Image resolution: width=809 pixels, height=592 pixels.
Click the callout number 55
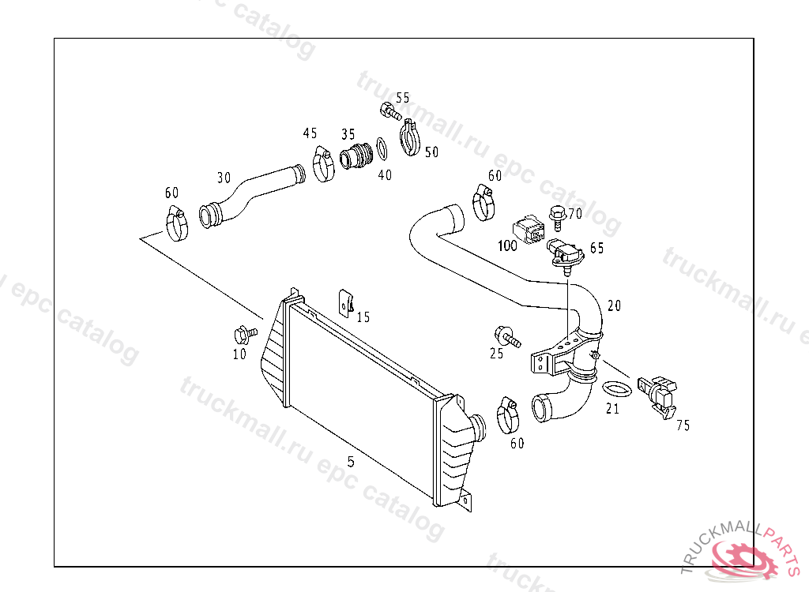[403, 98]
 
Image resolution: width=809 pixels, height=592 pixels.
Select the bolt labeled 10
[246, 332]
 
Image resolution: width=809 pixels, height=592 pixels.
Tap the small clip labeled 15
[346, 301]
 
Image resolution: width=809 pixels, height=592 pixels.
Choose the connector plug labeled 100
[529, 229]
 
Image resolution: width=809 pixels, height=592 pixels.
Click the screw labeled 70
[556, 214]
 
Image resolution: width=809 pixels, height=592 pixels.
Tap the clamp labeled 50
[409, 137]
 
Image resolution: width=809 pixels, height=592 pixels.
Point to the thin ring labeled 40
[381, 148]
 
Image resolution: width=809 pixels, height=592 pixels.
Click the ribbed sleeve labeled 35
[357, 155]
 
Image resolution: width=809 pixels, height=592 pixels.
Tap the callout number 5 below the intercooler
[351, 462]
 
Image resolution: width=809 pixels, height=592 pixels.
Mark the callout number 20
[614, 305]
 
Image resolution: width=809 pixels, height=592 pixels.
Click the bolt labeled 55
[389, 111]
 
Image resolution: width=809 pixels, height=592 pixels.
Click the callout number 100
[507, 245]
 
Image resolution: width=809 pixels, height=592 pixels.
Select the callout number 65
[596, 248]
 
